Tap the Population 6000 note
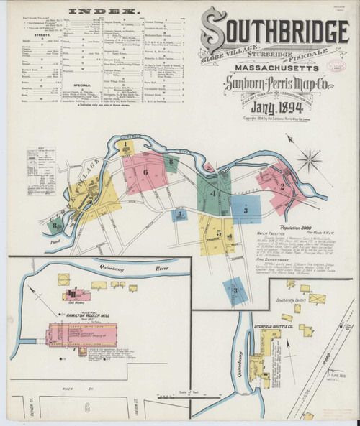(278, 226)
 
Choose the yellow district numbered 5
(217, 233)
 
